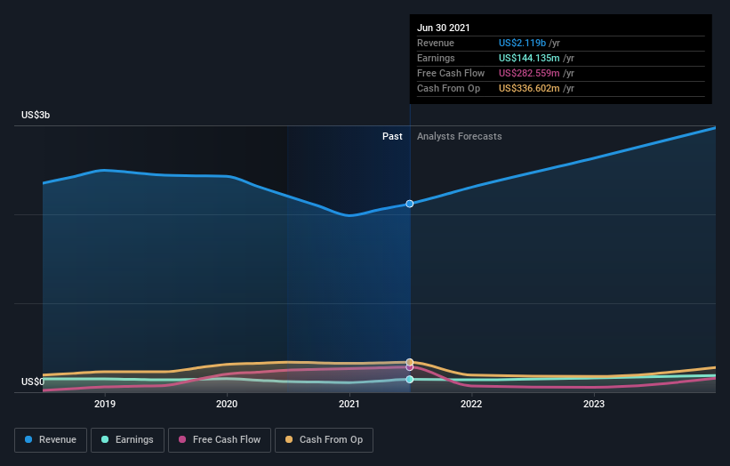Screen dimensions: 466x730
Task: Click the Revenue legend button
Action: pos(52,439)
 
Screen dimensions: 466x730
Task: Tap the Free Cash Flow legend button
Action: pos(219,439)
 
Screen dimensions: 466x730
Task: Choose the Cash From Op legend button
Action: pos(324,439)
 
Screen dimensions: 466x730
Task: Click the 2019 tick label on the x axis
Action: pos(105,404)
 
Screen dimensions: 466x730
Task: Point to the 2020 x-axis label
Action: pos(227,404)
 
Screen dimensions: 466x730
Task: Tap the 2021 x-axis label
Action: pos(349,404)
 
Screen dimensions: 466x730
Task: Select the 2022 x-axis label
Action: pos(471,404)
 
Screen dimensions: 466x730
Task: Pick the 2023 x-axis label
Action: pos(594,404)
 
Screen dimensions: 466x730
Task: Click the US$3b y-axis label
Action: pos(36,116)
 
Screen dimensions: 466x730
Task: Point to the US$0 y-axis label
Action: pos(33,382)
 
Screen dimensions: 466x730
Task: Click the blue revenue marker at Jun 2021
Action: pos(410,204)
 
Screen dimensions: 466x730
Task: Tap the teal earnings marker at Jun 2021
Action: pos(410,380)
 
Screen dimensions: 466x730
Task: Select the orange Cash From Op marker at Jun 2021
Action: pos(410,362)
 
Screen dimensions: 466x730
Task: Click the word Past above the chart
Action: pos(392,136)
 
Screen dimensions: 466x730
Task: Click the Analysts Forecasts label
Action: pos(459,136)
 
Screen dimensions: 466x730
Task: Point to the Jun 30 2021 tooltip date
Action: pos(445,28)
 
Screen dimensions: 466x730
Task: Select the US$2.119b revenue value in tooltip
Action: pos(523,43)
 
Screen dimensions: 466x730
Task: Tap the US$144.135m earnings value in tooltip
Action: pos(530,58)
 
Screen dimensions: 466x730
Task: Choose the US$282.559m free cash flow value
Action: pos(530,73)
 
